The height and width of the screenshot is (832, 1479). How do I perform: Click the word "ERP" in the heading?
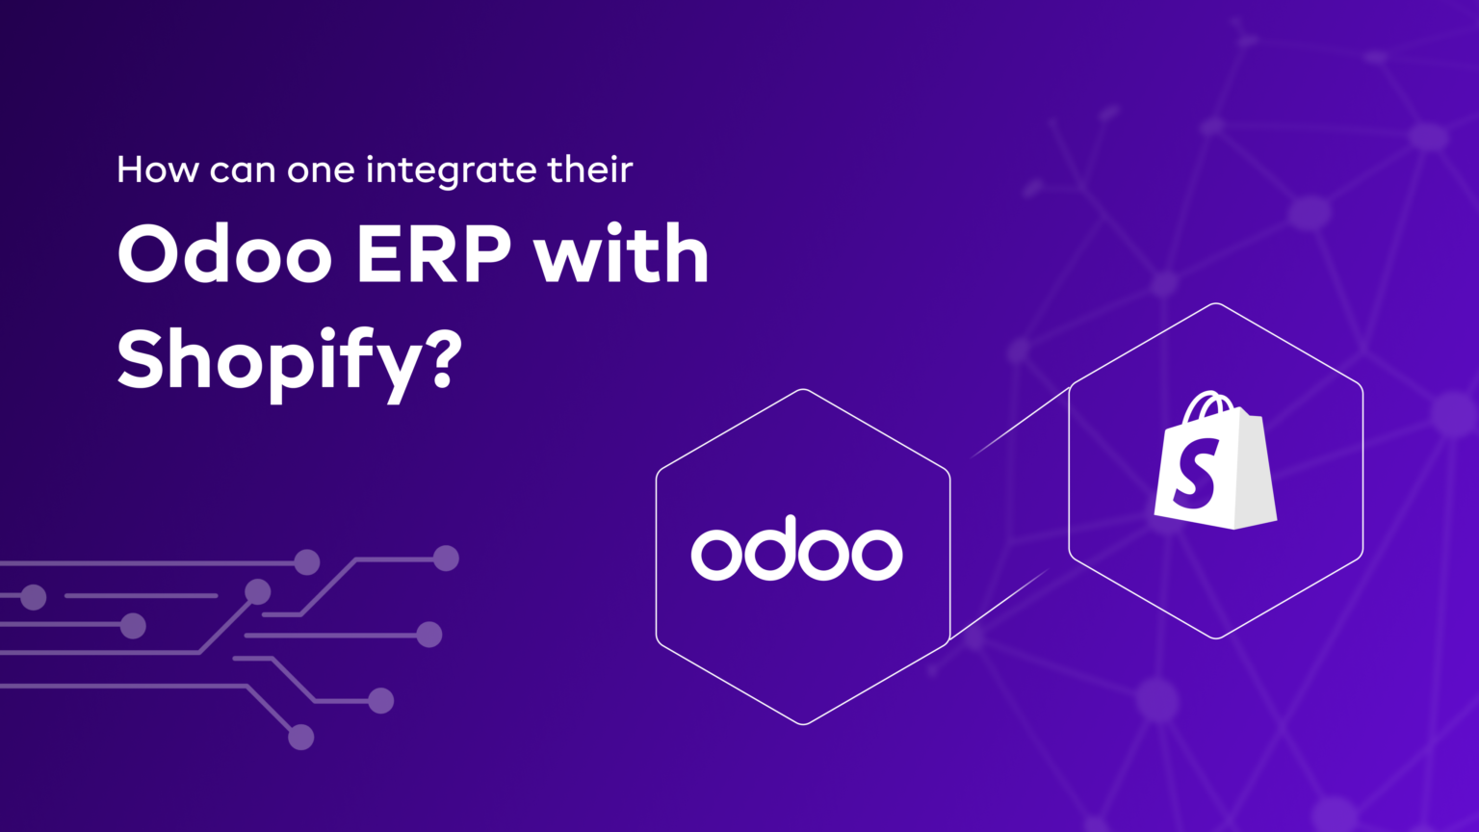click(x=434, y=255)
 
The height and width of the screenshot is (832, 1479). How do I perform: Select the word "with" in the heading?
click(x=622, y=255)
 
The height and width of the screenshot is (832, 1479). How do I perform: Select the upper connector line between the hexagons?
click(x=1021, y=422)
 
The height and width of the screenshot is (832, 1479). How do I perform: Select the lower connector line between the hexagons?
click(x=999, y=604)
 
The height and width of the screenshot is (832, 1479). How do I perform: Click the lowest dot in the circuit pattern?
click(x=301, y=737)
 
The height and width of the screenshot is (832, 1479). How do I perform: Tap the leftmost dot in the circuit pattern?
click(x=34, y=597)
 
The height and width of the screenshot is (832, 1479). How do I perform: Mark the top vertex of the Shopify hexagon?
click(x=1215, y=304)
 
